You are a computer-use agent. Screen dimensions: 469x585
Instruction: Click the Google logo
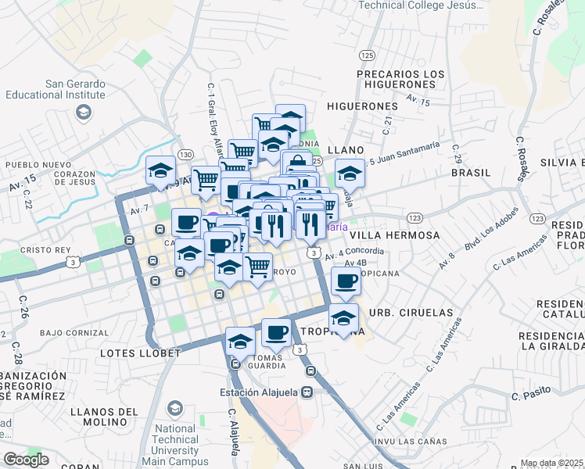tap(26, 460)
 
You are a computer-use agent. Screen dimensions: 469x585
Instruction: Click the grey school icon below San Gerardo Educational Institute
tap(82, 113)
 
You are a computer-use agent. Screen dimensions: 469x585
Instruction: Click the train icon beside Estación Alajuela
tap(308, 392)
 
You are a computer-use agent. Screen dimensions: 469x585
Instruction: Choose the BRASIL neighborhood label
tap(472, 173)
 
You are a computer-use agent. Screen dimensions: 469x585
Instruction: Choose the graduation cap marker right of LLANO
tap(350, 174)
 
